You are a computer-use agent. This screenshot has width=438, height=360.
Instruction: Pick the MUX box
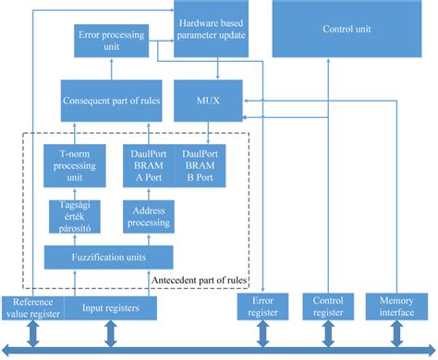(x=217, y=100)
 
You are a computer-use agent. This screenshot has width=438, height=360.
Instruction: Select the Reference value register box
(x=31, y=307)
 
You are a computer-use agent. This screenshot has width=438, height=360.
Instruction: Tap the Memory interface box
(x=395, y=307)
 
